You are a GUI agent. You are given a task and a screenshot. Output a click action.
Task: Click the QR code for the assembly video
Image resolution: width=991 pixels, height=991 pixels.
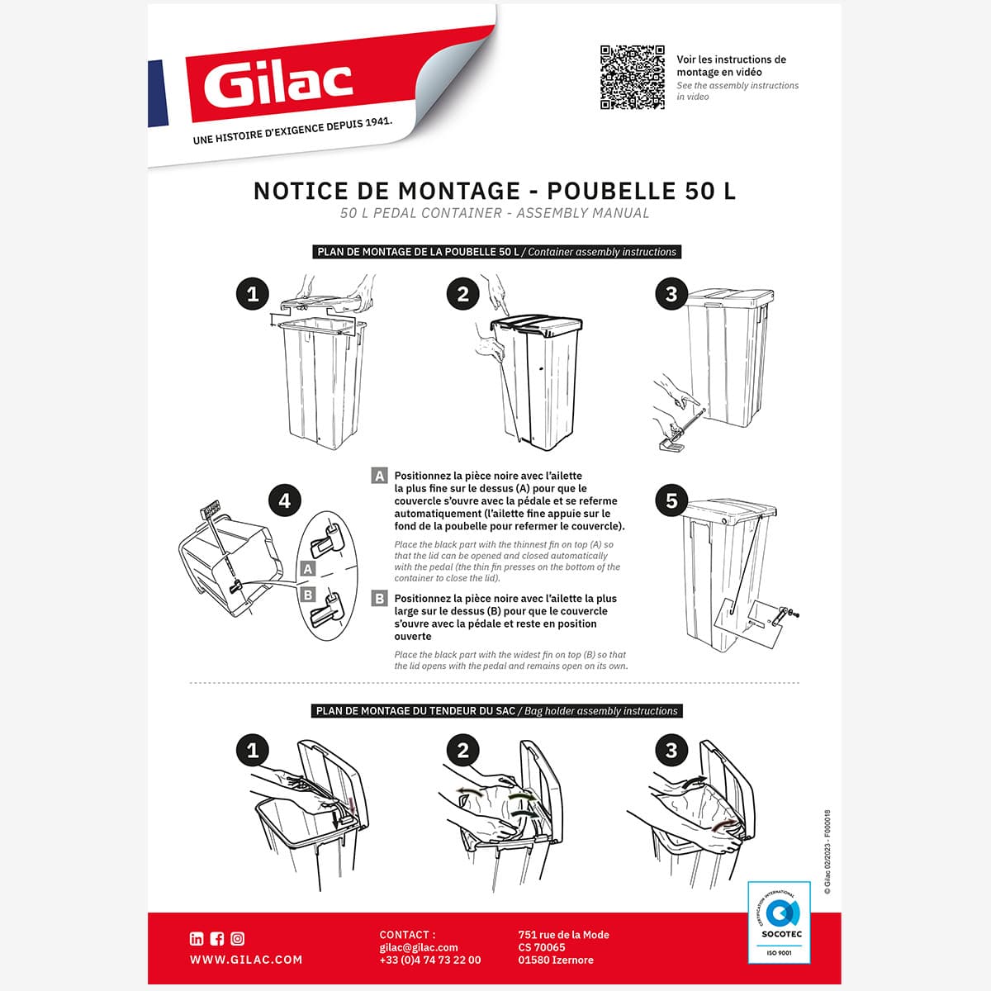[632, 78]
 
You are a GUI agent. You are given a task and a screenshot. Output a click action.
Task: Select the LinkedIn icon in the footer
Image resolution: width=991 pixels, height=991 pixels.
[197, 938]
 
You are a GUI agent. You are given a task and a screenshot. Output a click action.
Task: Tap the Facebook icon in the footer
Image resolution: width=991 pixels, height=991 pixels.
[217, 938]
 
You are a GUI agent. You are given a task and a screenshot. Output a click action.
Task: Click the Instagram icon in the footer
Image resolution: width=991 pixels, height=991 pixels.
[238, 938]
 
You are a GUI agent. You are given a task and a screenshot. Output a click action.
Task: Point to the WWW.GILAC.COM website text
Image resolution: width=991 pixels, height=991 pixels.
[246, 960]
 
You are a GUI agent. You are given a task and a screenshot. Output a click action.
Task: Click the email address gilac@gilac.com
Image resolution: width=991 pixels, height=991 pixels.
[419, 947]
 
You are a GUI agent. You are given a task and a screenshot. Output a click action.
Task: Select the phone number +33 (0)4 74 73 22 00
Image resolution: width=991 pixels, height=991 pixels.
[429, 960]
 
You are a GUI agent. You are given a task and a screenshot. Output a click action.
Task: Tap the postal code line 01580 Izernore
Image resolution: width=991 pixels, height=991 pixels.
[555, 960]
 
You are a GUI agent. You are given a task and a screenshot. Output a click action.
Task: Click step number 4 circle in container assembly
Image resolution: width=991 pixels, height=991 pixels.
[284, 500]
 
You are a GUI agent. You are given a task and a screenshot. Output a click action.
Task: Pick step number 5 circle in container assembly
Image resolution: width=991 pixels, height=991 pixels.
[671, 500]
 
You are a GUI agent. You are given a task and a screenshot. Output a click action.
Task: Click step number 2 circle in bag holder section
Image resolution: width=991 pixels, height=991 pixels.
[462, 750]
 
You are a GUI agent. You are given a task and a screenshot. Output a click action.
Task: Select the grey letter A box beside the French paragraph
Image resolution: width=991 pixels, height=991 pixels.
[380, 476]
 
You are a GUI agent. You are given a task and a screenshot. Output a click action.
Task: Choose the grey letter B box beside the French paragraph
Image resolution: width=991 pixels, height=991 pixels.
[380, 599]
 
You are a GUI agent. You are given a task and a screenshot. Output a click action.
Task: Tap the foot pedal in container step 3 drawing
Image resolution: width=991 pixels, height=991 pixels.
[672, 446]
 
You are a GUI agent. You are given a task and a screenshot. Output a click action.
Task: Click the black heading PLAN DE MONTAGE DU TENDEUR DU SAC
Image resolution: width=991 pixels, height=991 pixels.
[415, 711]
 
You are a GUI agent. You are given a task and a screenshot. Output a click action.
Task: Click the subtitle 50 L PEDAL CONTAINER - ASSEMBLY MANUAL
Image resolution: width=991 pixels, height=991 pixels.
[495, 213]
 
